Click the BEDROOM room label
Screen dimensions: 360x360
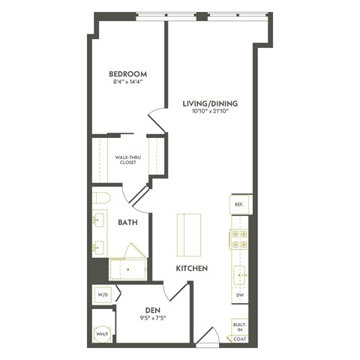coord(127,73)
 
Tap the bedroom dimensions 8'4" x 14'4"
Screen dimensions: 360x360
coord(127,82)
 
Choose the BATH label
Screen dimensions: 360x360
coord(127,223)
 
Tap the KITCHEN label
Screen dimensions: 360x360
coord(192,268)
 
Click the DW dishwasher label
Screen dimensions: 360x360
coord(240,295)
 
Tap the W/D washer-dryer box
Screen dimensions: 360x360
coord(102,295)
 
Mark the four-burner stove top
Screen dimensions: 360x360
coord(239,239)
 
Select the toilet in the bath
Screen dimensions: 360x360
coord(102,198)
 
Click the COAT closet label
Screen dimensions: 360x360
coord(238,338)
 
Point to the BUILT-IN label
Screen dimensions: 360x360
coord(239,327)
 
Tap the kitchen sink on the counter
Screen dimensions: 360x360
coord(241,274)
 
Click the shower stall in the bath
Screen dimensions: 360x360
coord(128,268)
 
